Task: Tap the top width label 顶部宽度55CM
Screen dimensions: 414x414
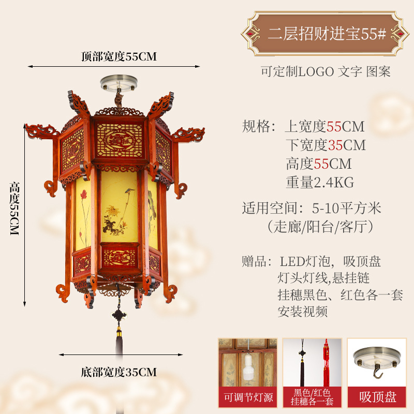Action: (x=119, y=57)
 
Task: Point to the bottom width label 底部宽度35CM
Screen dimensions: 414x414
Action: (x=119, y=372)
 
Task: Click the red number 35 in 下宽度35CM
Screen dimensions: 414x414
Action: (x=335, y=145)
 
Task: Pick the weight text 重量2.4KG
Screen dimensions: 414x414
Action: (x=320, y=182)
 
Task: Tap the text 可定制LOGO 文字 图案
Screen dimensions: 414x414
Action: (x=326, y=72)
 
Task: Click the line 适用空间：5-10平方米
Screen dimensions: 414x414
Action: (x=312, y=208)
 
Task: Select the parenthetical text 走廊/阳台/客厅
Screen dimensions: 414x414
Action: (x=320, y=227)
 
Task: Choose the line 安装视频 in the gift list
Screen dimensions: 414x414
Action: (x=303, y=312)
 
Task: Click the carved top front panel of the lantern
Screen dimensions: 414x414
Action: (x=120, y=140)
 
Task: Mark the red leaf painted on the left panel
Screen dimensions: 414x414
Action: (x=83, y=196)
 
